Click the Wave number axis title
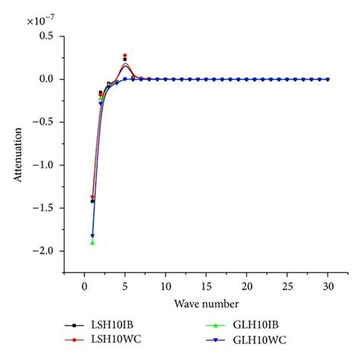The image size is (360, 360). [x=206, y=303]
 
